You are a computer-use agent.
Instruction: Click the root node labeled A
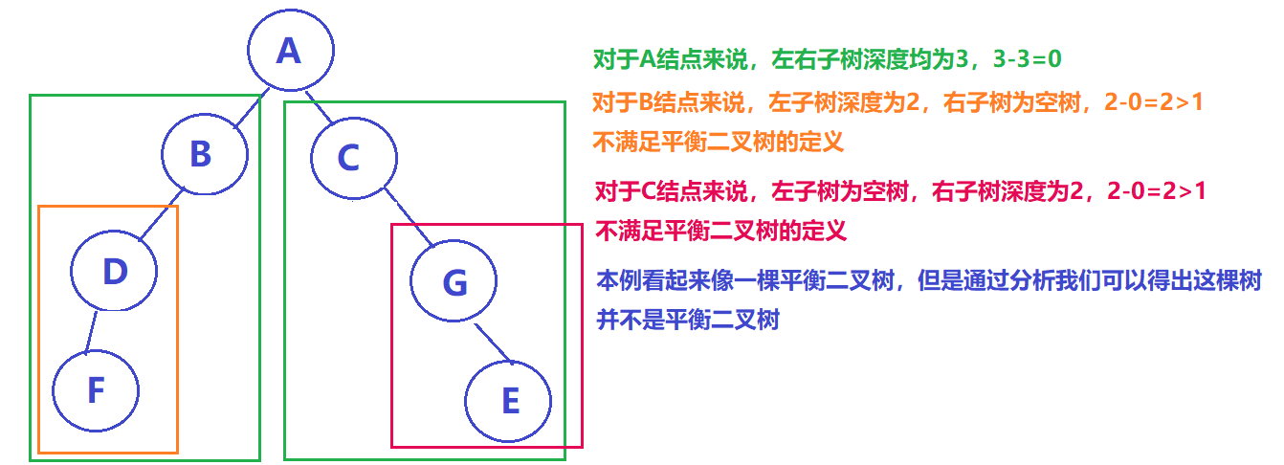pyautogui.click(x=289, y=51)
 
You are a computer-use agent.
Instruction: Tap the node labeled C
pyautogui.click(x=351, y=157)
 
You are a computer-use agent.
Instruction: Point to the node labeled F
pyautogui.click(x=95, y=390)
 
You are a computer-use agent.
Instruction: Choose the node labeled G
pyautogui.click(x=454, y=281)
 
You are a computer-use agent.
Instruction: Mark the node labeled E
pyautogui.click(x=509, y=401)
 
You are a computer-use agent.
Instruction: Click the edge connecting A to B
pyautogui.click(x=247, y=113)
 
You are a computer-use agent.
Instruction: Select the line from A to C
pyautogui.click(x=318, y=107)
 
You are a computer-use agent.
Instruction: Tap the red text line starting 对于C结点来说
pyautogui.click(x=899, y=190)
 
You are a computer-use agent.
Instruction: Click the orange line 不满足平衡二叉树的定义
pyautogui.click(x=718, y=143)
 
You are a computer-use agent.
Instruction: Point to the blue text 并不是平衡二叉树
pyautogui.click(x=688, y=320)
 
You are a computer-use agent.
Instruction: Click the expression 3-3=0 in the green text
pyautogui.click(x=1019, y=59)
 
